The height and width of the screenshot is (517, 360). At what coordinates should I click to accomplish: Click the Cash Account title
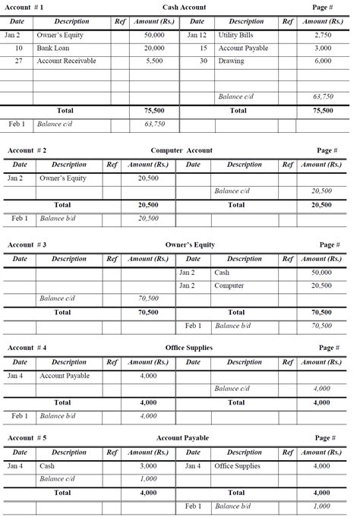[184, 7]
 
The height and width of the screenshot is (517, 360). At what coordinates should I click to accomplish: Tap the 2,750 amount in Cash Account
[323, 36]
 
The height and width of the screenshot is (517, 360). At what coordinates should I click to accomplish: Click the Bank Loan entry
[52, 48]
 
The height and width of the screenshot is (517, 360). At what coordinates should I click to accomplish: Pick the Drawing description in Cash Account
[231, 61]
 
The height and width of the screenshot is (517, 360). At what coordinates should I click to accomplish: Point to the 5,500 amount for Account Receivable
[154, 61]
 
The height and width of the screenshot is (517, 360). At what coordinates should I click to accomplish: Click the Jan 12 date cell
[197, 36]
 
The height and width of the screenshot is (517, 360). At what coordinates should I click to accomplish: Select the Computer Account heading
[182, 150]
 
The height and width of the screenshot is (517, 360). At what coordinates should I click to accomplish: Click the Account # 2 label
[27, 150]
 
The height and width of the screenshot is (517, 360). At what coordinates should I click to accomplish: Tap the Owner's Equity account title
[190, 245]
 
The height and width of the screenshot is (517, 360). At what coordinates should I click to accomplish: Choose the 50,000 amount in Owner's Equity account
[321, 272]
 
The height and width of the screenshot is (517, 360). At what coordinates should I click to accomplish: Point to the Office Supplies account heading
[188, 348]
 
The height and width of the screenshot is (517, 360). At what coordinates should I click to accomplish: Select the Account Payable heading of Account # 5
[182, 438]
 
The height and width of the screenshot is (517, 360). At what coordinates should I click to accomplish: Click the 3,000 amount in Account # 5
[148, 465]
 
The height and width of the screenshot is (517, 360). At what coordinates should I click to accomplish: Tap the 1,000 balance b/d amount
[321, 506]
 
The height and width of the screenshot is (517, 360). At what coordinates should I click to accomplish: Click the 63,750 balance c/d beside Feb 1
[154, 124]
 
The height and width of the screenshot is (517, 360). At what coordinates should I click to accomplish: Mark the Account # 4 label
[27, 348]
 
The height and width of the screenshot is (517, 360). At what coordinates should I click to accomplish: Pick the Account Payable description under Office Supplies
[65, 376]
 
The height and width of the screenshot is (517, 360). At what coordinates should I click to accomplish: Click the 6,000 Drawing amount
[323, 61]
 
